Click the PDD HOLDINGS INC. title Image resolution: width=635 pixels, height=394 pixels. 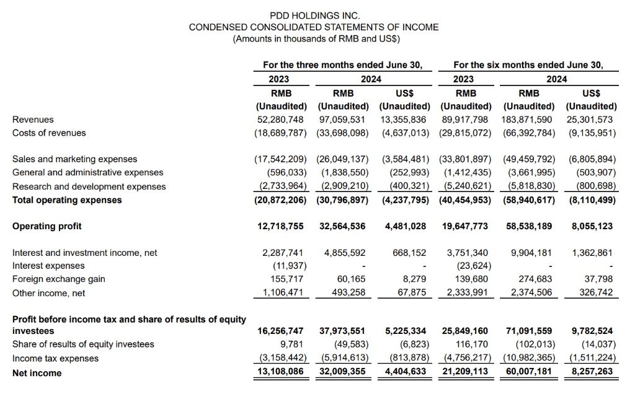(x=314, y=15)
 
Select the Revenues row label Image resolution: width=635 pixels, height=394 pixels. (x=33, y=119)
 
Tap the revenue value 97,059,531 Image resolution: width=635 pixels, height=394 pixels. (x=343, y=119)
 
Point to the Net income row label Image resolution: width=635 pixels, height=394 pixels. (x=37, y=373)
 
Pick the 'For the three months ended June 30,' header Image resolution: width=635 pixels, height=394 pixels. (x=342, y=64)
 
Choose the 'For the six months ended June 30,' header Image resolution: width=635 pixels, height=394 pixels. (x=528, y=64)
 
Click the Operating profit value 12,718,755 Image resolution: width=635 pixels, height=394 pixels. (x=280, y=226)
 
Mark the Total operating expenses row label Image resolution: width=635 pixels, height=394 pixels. (x=67, y=200)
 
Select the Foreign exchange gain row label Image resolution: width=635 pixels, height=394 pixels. (x=58, y=279)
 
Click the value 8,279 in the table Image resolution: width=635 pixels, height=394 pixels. (x=414, y=279)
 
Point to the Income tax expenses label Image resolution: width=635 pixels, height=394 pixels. (x=55, y=359)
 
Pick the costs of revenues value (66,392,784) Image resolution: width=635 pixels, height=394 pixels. (x=527, y=133)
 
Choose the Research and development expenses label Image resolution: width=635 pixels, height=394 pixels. (x=89, y=186)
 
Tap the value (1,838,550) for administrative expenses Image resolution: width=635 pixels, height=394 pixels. (x=343, y=173)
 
